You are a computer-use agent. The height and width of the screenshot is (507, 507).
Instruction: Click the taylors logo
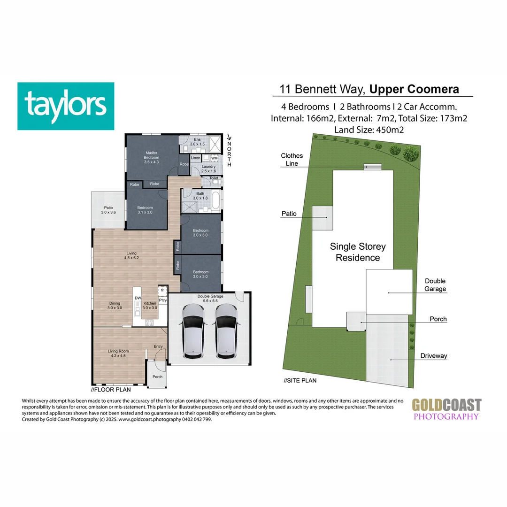[x=66, y=106]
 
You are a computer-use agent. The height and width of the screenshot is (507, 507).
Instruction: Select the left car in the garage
[x=193, y=330]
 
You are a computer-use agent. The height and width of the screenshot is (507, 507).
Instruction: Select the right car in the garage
[x=226, y=330]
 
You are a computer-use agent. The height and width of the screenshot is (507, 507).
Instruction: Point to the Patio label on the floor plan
[x=108, y=210]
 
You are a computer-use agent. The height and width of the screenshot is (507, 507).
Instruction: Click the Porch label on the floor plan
[x=157, y=377]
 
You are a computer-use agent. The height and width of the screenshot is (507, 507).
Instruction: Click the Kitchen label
[x=149, y=306]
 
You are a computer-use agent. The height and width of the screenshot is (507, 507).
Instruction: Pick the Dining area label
[x=115, y=306]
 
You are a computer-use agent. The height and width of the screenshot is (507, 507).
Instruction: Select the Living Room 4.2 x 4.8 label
[x=118, y=353]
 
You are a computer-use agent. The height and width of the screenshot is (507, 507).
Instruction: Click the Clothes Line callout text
[x=292, y=160]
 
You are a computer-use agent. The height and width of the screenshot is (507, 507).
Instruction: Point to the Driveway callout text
[x=433, y=356]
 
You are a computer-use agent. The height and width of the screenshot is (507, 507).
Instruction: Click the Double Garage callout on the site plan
[x=435, y=285]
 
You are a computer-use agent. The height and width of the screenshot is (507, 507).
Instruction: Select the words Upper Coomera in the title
[x=414, y=89]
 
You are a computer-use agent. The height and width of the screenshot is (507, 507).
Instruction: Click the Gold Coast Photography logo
[x=446, y=409]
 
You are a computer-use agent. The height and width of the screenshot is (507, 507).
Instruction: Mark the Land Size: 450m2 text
[x=369, y=130]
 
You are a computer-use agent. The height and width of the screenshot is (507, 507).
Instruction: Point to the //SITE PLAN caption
[x=300, y=381]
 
